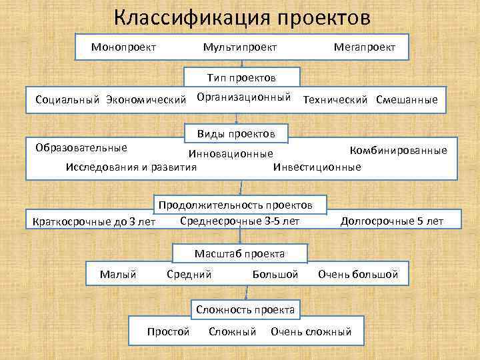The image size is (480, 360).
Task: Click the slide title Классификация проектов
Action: click(241, 17)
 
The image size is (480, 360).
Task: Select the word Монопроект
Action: click(124, 47)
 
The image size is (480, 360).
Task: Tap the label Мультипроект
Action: click(240, 47)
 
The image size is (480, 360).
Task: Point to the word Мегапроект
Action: click(364, 47)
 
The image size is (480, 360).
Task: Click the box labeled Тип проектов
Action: click(241, 79)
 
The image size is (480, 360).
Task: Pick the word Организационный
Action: click(244, 97)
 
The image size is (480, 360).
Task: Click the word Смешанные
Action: click(407, 100)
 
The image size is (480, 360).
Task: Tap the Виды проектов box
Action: click(236, 134)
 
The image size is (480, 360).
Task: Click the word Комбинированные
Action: click(399, 151)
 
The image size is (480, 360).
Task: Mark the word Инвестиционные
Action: click(317, 167)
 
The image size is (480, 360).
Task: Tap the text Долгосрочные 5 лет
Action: click(391, 221)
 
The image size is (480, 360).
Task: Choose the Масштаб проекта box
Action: click(239, 254)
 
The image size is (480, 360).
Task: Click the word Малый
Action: click(118, 274)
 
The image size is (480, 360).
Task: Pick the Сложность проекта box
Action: click(245, 310)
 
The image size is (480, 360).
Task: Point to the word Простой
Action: click(169, 331)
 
